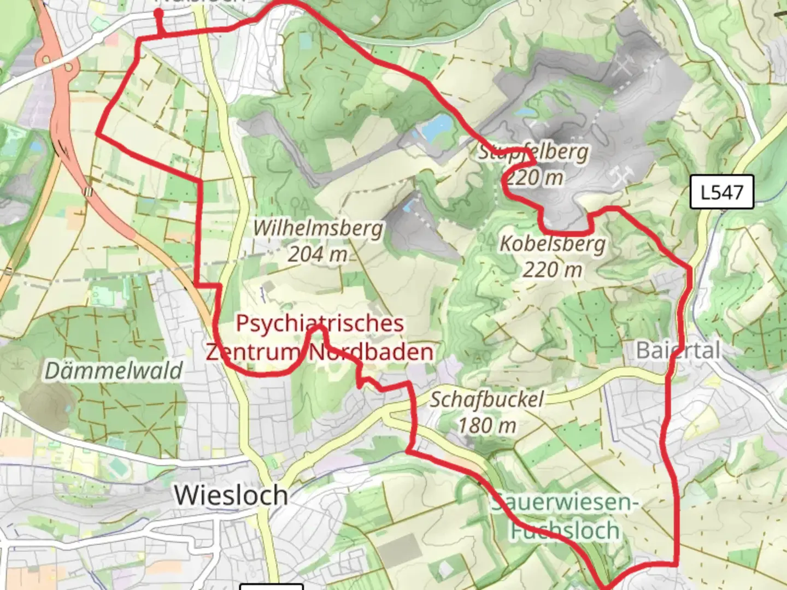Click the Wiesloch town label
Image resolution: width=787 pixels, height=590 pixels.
pyautogui.click(x=231, y=495)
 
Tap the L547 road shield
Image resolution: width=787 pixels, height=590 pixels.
pyautogui.click(x=721, y=192)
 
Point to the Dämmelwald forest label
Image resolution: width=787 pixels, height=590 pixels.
pyautogui.click(x=113, y=371)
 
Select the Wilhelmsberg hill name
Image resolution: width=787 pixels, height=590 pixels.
pyautogui.click(x=318, y=227)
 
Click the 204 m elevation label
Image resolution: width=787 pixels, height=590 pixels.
pyautogui.click(x=317, y=254)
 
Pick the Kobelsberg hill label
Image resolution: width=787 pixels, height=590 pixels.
pyautogui.click(x=553, y=244)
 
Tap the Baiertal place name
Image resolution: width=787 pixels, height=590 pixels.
pyautogui.click(x=678, y=350)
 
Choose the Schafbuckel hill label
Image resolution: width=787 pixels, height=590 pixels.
pyautogui.click(x=486, y=400)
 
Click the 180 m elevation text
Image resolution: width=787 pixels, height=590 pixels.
pyautogui.click(x=486, y=426)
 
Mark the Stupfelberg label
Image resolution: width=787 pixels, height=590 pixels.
pyautogui.click(x=534, y=151)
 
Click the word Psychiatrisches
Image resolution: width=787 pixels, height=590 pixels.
pyautogui.click(x=320, y=323)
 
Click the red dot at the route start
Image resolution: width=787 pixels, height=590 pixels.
pyautogui.click(x=158, y=12)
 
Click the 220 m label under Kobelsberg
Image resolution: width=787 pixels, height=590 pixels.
pyautogui.click(x=553, y=270)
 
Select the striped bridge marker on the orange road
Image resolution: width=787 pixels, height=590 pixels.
pyautogui.click(x=88, y=192)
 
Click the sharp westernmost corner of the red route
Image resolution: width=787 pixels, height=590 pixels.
pyautogui.click(x=97, y=133)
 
